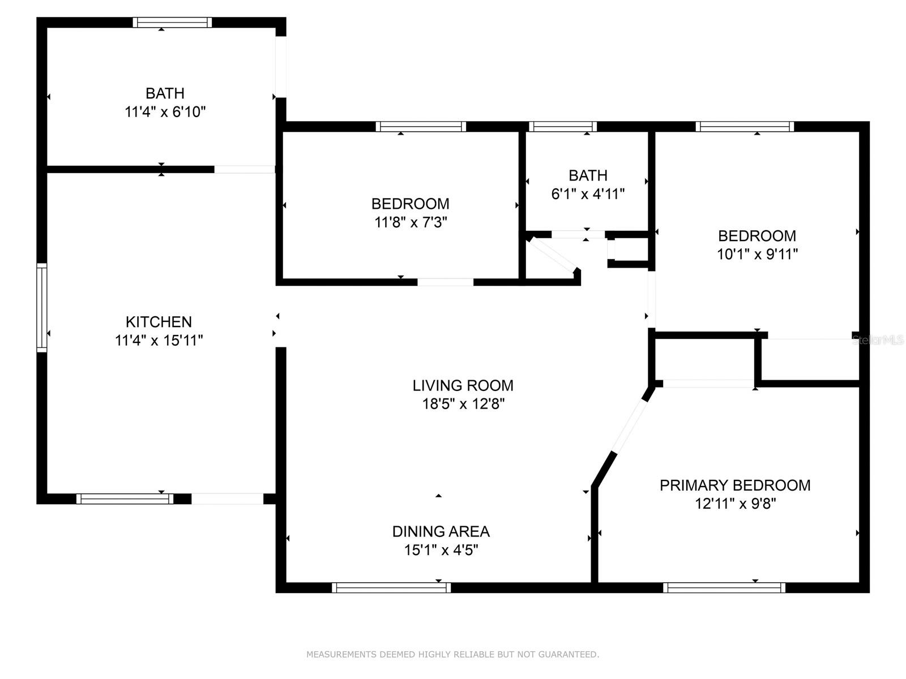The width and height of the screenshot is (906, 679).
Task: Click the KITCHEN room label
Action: pos(159,322)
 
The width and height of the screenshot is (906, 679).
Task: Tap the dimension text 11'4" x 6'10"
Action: pos(165,112)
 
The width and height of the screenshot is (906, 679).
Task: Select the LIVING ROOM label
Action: pos(463,386)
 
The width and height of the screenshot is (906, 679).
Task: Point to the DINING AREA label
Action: pos(441,532)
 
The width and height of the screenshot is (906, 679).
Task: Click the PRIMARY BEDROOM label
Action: pos(734,485)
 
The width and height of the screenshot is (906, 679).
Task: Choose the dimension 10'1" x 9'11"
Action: pos(757,255)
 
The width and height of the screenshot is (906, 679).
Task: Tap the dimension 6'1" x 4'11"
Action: pos(588,194)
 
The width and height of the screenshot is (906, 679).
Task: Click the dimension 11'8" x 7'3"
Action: pos(411,222)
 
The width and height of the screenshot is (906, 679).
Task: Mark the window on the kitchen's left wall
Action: pos(41,307)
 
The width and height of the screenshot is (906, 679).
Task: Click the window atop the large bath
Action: pos(172,23)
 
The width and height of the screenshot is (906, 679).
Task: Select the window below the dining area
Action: pos(391,588)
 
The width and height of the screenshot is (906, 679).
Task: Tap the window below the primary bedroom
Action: pos(724,588)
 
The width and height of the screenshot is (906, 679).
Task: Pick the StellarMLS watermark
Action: pos(878,340)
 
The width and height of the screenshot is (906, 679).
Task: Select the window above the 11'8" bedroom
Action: pos(421,127)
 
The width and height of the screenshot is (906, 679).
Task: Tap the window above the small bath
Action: pos(562,127)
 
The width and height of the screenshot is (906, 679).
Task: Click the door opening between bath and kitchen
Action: pos(244,169)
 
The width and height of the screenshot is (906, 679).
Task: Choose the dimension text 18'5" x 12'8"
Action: pos(463,404)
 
